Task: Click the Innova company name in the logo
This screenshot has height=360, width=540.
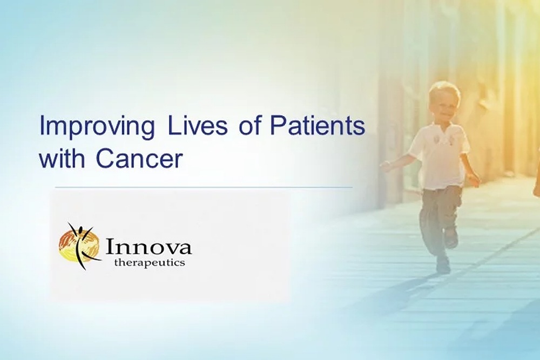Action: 148,248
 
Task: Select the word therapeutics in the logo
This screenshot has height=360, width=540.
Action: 150,263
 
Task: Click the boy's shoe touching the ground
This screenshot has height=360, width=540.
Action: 443,264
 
